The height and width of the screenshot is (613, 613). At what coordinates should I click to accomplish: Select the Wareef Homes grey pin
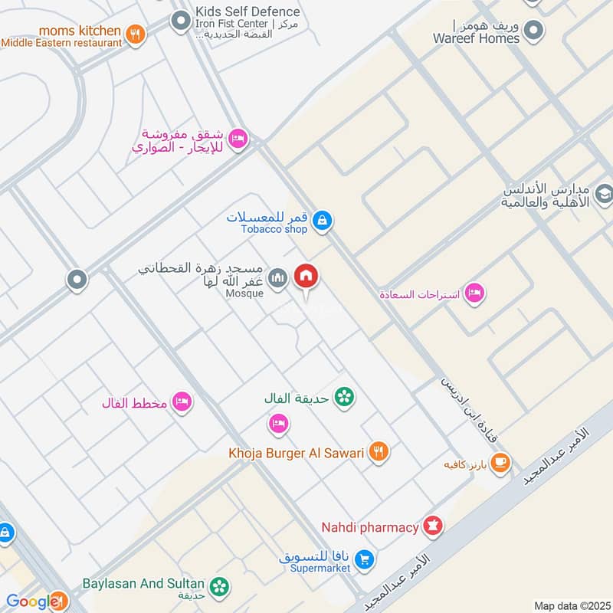[x=534, y=31]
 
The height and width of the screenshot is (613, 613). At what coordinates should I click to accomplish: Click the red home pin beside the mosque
[x=306, y=277]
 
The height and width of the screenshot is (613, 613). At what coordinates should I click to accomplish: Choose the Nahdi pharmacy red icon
[x=434, y=526]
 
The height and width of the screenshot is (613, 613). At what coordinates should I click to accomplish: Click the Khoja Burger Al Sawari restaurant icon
[x=379, y=452]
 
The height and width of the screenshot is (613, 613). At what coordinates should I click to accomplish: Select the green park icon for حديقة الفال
[x=344, y=397]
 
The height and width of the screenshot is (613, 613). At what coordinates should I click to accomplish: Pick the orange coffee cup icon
[x=500, y=463]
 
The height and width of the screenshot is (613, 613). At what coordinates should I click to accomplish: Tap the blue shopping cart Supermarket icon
[x=366, y=561]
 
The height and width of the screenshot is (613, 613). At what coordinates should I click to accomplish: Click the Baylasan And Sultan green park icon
[x=221, y=586]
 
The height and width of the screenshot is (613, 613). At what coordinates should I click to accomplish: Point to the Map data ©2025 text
[x=570, y=605]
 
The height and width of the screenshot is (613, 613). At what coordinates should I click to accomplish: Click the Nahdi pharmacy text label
[x=369, y=527]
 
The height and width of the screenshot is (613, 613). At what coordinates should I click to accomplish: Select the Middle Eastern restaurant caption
[x=61, y=43]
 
